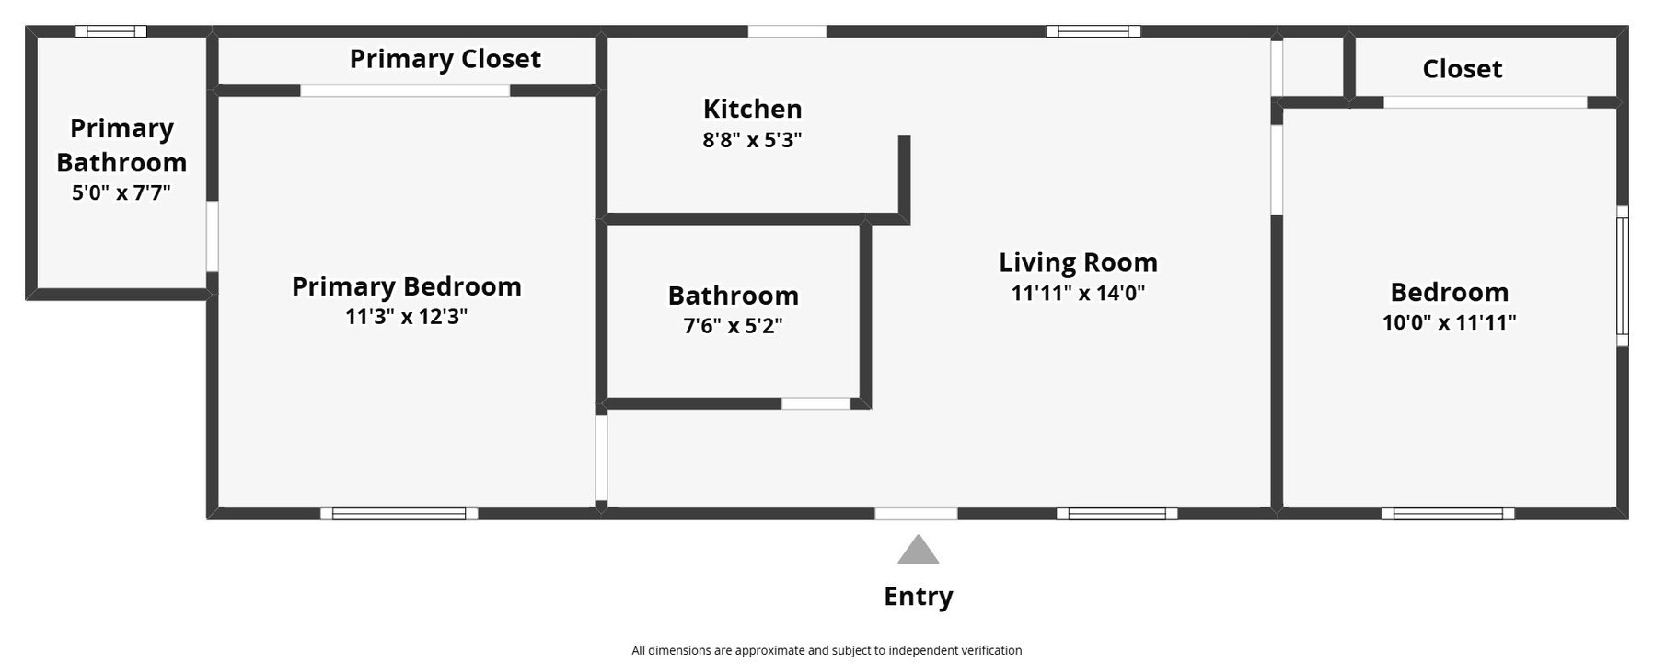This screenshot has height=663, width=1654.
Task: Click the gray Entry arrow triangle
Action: [918, 552]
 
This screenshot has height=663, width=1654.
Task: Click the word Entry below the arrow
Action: [918, 596]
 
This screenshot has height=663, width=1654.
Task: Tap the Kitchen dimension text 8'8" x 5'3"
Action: [752, 140]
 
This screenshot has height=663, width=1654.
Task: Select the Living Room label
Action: [1078, 262]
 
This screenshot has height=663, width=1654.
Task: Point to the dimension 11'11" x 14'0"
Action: [1078, 293]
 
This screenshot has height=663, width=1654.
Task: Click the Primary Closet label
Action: [445, 59]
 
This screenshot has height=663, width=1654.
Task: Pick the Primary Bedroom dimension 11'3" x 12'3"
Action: [406, 317]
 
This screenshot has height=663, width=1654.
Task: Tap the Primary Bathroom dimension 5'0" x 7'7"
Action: [121, 192]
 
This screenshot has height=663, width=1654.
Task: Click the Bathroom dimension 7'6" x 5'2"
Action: [733, 326]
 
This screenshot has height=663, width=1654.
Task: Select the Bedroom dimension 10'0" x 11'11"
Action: [1449, 322]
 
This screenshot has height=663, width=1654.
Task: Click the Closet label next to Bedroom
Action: [1462, 69]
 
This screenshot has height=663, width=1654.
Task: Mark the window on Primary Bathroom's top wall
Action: [110, 31]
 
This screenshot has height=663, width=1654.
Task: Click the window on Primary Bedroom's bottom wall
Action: [399, 514]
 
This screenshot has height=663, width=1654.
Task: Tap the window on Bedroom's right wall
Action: [1623, 276]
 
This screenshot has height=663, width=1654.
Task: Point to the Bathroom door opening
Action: [815, 403]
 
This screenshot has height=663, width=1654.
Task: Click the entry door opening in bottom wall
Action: [916, 514]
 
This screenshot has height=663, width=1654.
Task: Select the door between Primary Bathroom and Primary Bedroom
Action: [212, 236]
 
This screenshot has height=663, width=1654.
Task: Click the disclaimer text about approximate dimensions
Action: [827, 650]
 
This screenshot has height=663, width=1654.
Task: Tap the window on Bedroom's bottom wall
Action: [1447, 514]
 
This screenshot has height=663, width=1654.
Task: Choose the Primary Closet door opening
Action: [405, 90]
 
